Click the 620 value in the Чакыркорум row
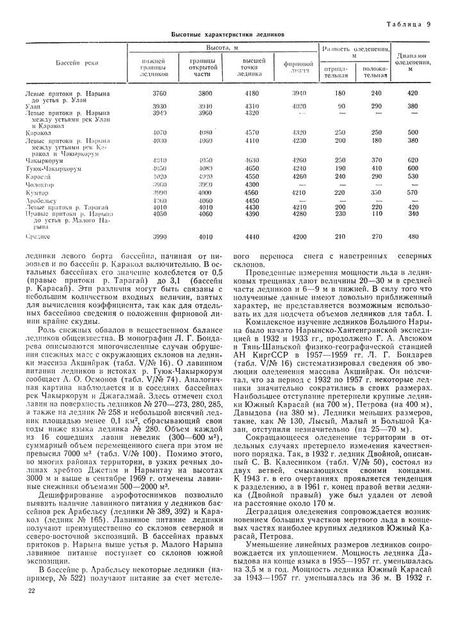pyautogui.click(x=413, y=160)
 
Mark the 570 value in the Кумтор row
pyautogui.click(x=413, y=192)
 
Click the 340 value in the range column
pyautogui.click(x=413, y=215)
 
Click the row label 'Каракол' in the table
pyautogui.click(x=37, y=133)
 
